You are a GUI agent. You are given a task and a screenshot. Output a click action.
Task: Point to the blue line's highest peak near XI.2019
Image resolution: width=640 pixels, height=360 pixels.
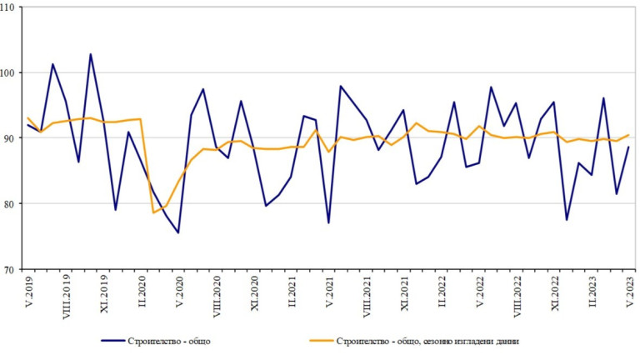click(x=91, y=54)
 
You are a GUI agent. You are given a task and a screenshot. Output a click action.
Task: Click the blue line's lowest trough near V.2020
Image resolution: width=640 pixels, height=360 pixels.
click(x=178, y=232)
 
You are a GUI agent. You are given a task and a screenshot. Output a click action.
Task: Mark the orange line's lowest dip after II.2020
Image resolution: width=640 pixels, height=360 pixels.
click(x=154, y=212)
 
